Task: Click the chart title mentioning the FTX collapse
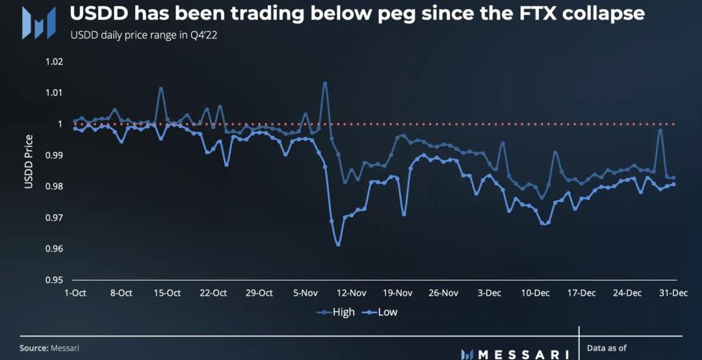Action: [x=357, y=14]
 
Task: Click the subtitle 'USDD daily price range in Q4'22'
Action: [x=144, y=36]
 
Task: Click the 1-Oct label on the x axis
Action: [x=75, y=293]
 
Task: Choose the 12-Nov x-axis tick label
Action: [x=352, y=293]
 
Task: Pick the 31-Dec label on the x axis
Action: [x=675, y=293]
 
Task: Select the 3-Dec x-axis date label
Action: [x=489, y=293]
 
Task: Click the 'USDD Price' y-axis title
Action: [x=29, y=161]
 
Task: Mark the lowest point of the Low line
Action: [x=338, y=244]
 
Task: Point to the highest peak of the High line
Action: [x=325, y=83]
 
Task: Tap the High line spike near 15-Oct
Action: [x=161, y=88]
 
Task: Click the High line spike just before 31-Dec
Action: [x=660, y=130]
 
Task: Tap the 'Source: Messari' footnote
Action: [x=49, y=348]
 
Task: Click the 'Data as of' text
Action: [x=607, y=348]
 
